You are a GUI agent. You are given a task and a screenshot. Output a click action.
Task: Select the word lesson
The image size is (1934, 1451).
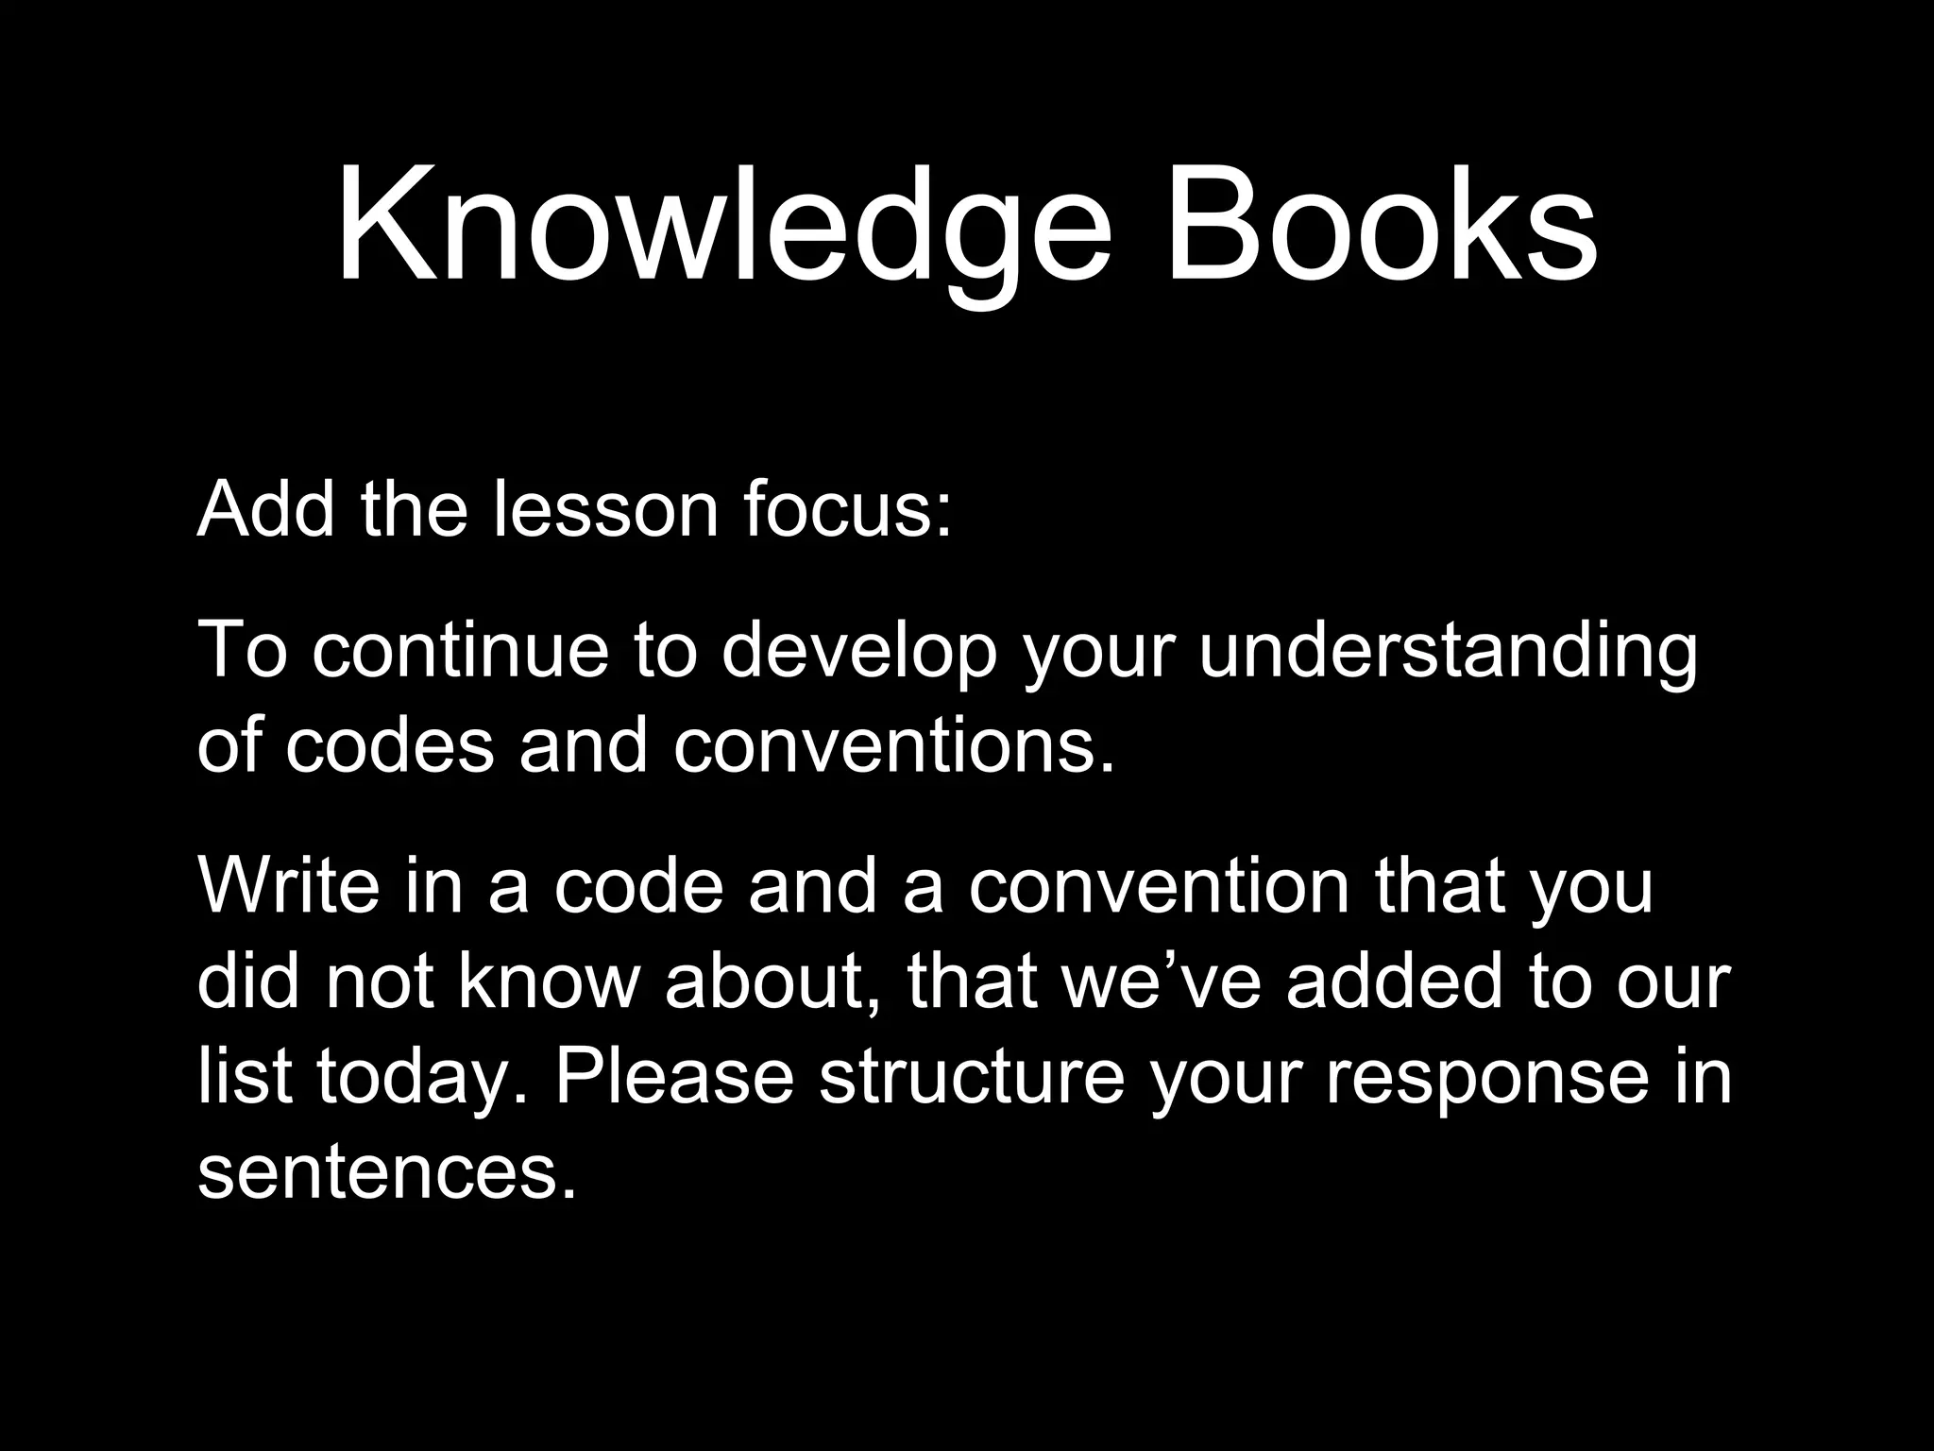point(605,509)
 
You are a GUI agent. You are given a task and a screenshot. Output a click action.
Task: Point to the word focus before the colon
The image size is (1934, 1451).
point(837,509)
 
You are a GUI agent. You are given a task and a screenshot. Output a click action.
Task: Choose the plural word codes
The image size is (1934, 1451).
point(390,745)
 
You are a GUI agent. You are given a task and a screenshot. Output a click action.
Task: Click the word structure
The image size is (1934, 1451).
point(972,1076)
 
